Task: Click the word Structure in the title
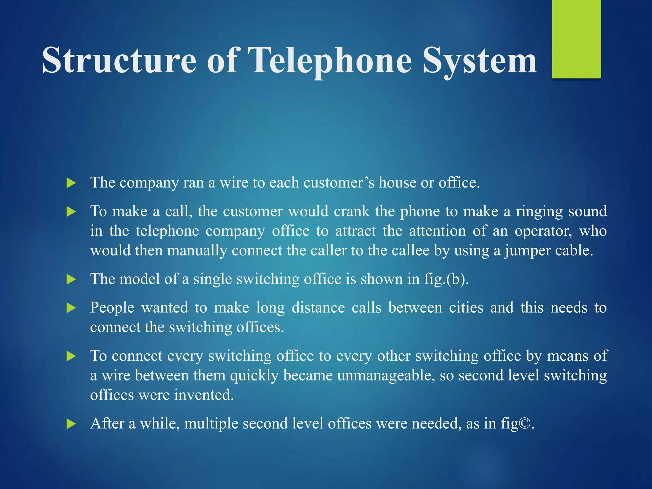(119, 60)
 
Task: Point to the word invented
(204, 395)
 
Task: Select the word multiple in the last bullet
(211, 424)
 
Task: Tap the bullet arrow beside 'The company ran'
(71, 183)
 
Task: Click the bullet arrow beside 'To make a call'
(71, 212)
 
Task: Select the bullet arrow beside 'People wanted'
(71, 308)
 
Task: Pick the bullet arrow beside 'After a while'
(71, 424)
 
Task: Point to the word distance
(318, 308)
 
